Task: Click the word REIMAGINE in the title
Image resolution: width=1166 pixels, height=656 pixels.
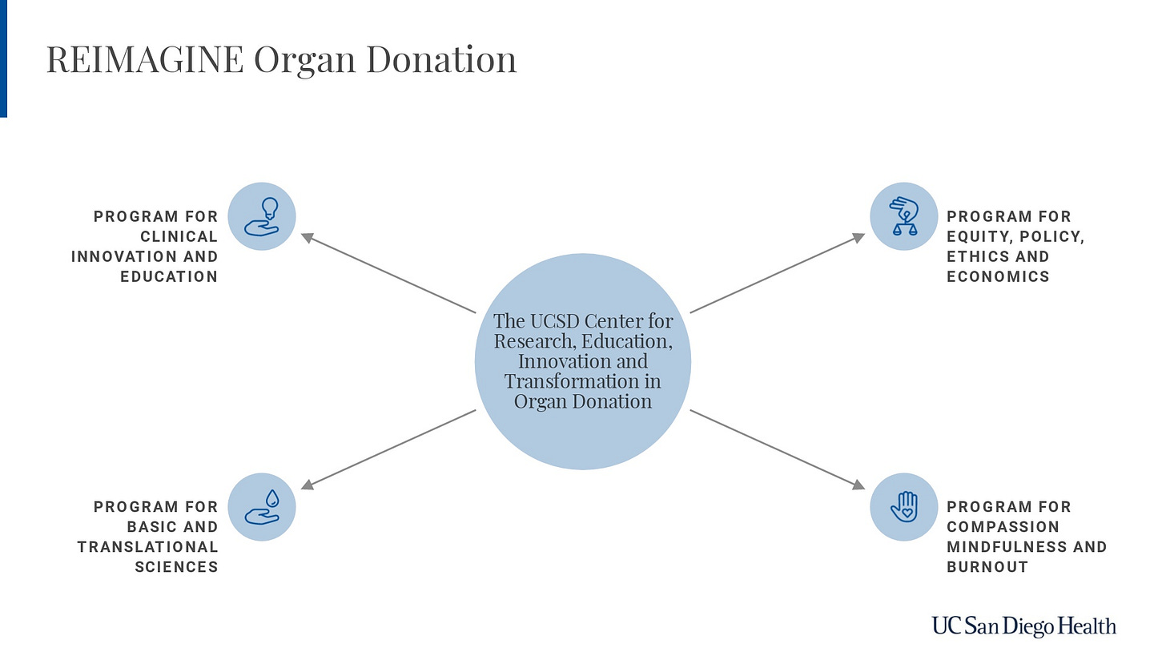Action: (x=144, y=60)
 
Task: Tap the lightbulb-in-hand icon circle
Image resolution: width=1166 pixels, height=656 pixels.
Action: (x=262, y=216)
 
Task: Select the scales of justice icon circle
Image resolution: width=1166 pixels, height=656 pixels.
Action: (x=904, y=216)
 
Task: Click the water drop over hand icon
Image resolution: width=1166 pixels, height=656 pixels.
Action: (x=262, y=506)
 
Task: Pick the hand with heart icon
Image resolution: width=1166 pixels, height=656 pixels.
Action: (x=904, y=506)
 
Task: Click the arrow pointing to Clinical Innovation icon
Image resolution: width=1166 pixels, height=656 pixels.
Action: (x=388, y=273)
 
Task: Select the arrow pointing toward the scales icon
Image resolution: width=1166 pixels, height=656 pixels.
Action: (x=777, y=273)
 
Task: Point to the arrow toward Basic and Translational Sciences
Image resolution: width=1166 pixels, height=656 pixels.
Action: (x=388, y=449)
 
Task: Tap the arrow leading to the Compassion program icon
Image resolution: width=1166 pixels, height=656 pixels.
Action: (x=777, y=449)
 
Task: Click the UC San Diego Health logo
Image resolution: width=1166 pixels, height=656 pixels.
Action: (x=1023, y=626)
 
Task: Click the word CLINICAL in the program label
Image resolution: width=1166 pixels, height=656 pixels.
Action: (x=179, y=236)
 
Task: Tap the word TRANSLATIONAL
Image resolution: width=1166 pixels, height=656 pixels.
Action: (x=147, y=547)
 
